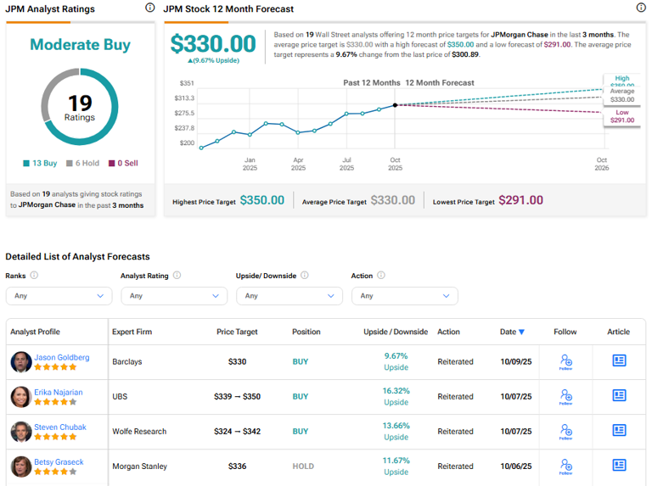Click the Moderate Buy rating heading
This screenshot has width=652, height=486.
(x=80, y=45)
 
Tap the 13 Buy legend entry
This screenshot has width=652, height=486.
(x=40, y=163)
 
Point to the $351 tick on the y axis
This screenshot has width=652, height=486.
(x=187, y=83)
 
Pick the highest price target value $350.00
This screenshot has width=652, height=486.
(x=262, y=200)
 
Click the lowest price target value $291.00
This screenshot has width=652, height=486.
(x=520, y=200)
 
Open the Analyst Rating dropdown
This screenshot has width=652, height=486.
(x=174, y=296)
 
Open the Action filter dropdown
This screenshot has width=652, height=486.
(x=404, y=296)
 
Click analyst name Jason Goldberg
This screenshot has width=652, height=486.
(x=61, y=357)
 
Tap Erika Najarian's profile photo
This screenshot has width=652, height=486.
(x=20, y=397)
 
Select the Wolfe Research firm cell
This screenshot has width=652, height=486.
(x=139, y=432)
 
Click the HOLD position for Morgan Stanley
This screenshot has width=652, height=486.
(x=302, y=466)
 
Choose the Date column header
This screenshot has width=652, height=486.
(x=512, y=332)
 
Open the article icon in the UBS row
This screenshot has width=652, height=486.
(x=619, y=396)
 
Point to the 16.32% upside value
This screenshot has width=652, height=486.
(x=396, y=391)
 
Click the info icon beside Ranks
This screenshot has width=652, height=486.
(x=34, y=276)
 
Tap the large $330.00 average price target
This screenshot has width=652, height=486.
(x=212, y=44)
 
